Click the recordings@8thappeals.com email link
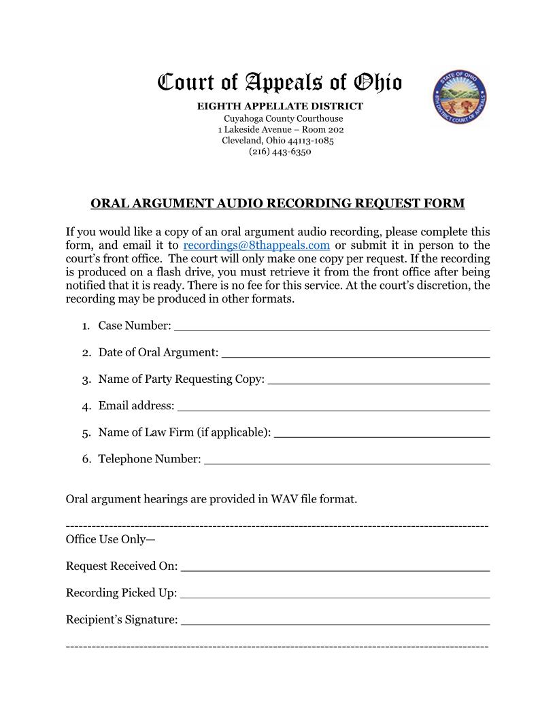point(256,245)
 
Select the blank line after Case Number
point(331,327)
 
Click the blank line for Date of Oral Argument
point(355,354)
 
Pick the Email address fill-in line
point(333,407)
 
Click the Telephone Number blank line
point(346,461)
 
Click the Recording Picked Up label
point(121,593)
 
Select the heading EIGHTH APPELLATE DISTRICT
point(280,106)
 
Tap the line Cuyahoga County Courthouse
point(283,118)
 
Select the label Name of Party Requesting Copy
point(181,379)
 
